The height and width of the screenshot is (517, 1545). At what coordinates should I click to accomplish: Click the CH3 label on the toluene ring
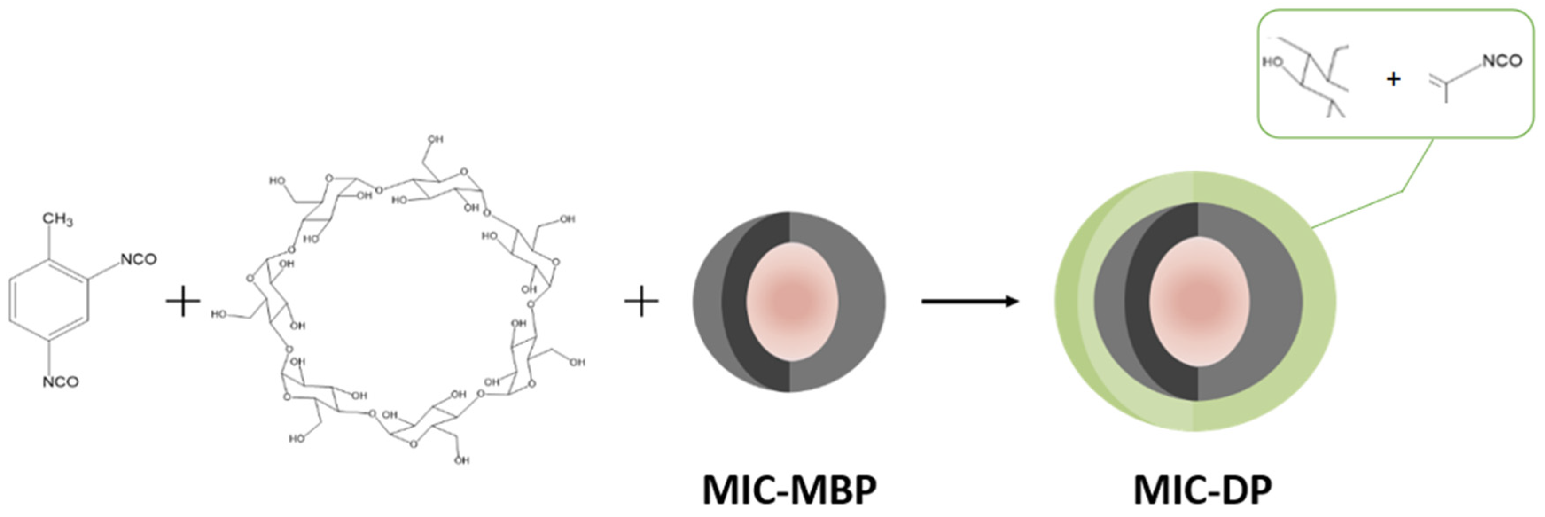pos(58,220)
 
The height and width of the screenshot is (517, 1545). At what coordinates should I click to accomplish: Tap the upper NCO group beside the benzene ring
pos(139,259)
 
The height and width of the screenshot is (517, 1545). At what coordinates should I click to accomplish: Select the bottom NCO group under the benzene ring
pos(61,381)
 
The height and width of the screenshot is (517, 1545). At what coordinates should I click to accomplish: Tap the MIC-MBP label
pos(789,490)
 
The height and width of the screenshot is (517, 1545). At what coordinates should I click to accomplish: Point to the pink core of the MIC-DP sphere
pos(1200,301)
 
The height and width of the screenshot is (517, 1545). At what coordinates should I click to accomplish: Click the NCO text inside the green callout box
pos(1502,61)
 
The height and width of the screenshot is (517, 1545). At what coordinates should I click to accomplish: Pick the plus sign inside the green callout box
pos(1393,78)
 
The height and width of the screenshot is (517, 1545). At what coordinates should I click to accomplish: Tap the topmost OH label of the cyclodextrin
pos(435,139)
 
